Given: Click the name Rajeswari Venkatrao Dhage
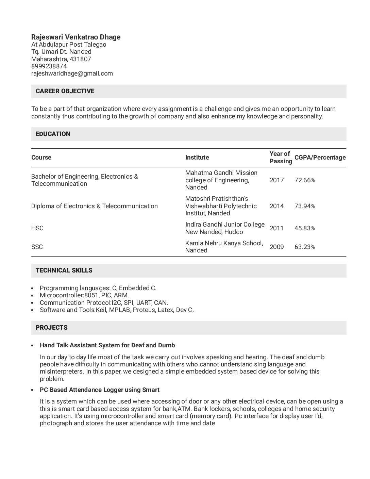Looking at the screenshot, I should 76,37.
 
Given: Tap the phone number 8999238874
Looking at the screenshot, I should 49,66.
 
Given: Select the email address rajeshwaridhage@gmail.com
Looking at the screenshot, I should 72,73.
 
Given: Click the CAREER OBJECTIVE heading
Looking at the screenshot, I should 65,91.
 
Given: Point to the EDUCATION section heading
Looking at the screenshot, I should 53,134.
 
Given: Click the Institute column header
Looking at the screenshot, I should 197,158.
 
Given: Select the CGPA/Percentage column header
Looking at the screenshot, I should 320,158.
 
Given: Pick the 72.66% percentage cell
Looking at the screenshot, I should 305,180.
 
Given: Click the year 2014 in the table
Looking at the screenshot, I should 277,206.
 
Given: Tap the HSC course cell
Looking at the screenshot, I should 37,228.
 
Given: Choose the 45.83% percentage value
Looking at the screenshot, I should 305,228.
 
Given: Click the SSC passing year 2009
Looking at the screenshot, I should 277,247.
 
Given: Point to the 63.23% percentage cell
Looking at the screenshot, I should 305,247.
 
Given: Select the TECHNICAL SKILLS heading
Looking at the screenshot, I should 64,270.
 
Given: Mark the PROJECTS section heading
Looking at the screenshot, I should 52,328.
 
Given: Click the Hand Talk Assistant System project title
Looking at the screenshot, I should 107,345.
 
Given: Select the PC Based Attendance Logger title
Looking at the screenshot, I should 100,390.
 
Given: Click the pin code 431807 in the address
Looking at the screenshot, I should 80,59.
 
